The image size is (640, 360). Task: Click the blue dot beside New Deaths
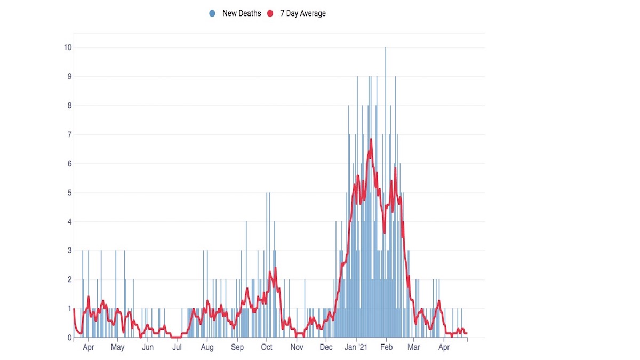(x=213, y=13)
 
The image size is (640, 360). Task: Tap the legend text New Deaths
(x=242, y=13)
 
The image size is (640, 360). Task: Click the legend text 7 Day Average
(x=303, y=13)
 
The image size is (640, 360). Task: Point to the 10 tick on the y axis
(x=68, y=47)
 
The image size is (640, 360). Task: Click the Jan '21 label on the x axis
(x=356, y=348)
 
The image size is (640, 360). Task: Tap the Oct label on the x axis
(x=266, y=348)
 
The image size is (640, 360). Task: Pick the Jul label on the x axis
(x=177, y=348)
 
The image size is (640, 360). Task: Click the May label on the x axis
(x=118, y=348)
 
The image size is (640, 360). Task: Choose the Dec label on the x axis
(x=326, y=348)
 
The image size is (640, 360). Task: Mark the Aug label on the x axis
(x=207, y=348)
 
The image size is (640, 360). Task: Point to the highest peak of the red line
(x=371, y=139)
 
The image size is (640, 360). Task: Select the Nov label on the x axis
(x=297, y=348)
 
